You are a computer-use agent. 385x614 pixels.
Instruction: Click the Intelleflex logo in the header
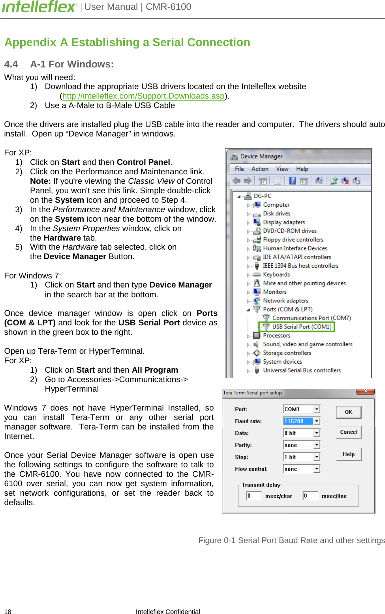point(39,7)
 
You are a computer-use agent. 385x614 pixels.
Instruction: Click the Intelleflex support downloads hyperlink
point(143,96)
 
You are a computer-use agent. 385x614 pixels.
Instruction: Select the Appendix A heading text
point(127,42)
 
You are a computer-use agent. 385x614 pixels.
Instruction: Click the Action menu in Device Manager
point(259,169)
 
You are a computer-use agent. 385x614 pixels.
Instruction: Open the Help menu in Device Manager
point(302,169)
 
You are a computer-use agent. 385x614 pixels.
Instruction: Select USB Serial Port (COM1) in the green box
point(301,327)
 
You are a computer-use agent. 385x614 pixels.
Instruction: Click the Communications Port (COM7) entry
point(311,318)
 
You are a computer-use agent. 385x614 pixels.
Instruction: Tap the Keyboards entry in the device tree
point(276,274)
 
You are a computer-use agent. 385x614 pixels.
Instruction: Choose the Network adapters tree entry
point(285,300)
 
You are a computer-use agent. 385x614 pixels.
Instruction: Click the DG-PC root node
point(262,196)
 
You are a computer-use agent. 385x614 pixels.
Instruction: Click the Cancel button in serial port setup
point(348,432)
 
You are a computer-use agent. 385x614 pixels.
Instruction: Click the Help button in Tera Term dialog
point(348,454)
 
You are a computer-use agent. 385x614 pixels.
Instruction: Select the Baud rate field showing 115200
point(298,421)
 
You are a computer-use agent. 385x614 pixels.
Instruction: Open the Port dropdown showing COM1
point(317,409)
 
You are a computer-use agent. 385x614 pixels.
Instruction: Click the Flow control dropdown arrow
point(317,469)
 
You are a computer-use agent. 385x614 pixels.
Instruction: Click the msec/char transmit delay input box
point(254,496)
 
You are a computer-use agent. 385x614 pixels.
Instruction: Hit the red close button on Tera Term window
point(365,391)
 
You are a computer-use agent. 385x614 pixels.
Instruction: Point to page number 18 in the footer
point(8,611)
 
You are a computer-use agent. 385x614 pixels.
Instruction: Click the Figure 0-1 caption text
point(291,540)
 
